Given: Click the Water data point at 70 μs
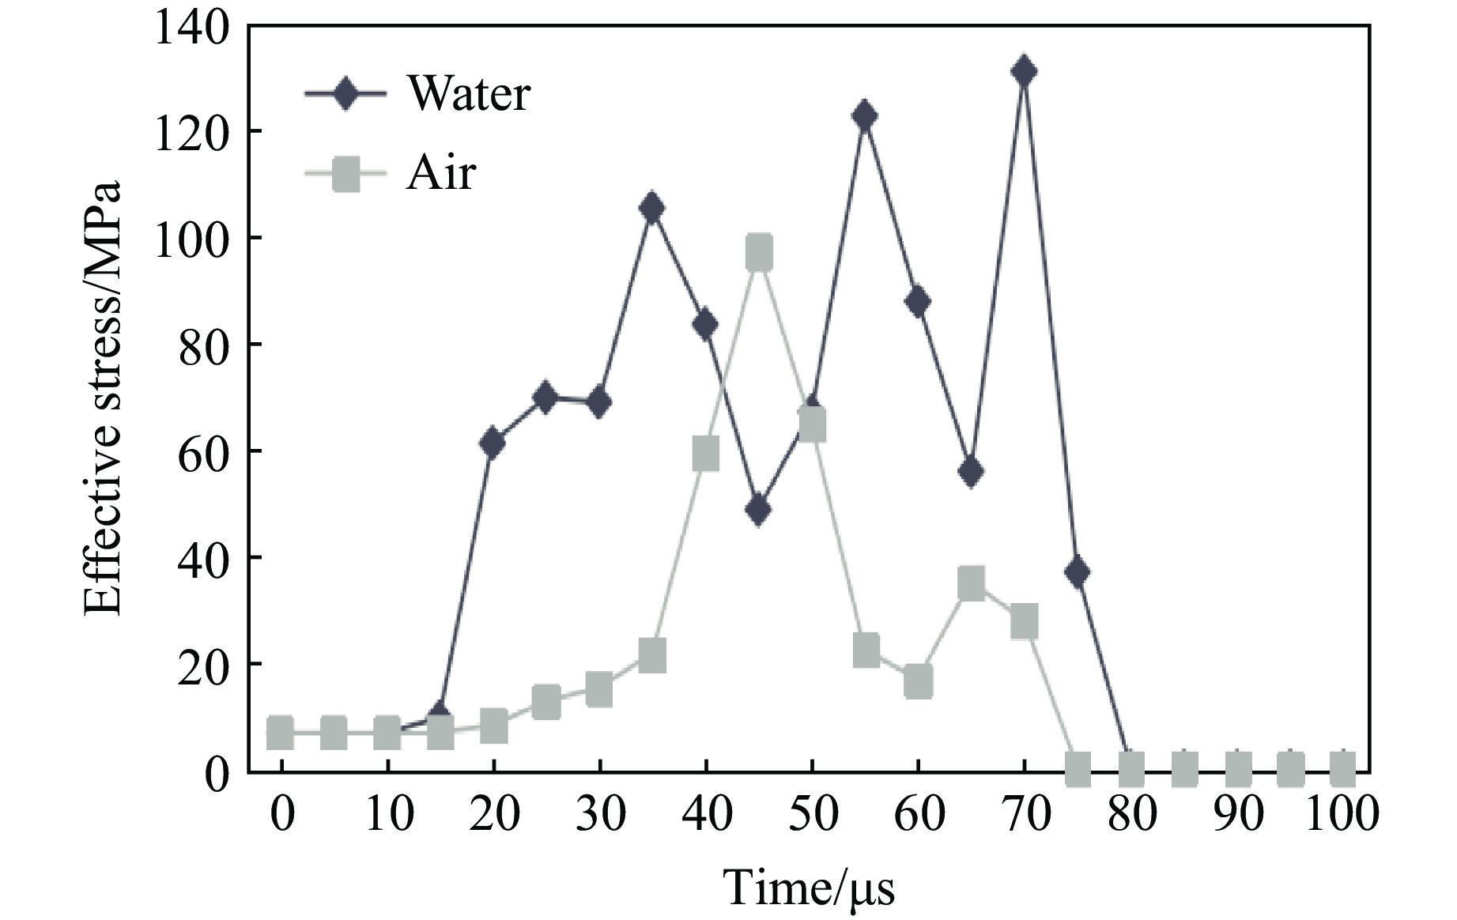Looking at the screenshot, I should pos(1024,72).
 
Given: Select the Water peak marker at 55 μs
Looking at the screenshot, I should pos(865,116).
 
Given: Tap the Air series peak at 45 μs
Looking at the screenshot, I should pos(759,252).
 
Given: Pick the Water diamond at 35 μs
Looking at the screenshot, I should pos(652,209).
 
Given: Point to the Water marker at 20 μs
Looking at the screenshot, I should pos(493,443).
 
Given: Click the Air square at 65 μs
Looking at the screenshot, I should pos(972,583).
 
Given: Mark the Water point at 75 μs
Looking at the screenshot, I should pos(1077,572).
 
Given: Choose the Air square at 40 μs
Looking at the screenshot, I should pos(705,454).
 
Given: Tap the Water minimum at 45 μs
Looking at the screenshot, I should pos(758,511).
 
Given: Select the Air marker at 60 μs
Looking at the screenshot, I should pos(918,681).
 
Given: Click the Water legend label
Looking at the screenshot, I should pos(468,94).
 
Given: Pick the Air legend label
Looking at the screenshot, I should pos(441,172).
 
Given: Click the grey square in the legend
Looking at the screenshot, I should pos(345,173).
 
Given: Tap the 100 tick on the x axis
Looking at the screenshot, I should pos(1342,813).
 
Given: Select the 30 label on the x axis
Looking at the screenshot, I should pos(599,813).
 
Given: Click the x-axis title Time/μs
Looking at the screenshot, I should pos(809,888).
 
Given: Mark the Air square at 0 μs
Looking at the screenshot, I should pos(281,733).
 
